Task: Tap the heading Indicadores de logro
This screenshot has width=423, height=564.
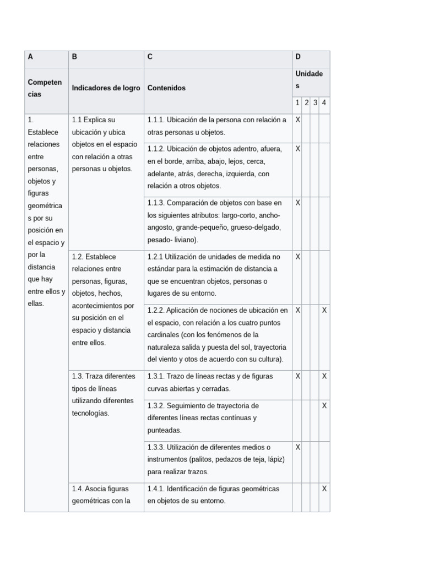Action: (106, 88)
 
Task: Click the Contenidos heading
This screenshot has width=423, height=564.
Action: (166, 88)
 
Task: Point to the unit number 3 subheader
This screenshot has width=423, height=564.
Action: (316, 102)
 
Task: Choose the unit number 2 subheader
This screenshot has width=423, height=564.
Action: (307, 102)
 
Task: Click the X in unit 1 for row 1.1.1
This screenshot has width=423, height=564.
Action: (297, 120)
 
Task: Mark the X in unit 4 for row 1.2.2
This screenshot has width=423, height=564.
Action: (324, 310)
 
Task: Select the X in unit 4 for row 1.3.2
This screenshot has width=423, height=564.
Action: (324, 405)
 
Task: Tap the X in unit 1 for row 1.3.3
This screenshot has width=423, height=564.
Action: (297, 447)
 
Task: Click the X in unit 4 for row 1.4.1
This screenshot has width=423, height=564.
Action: (324, 489)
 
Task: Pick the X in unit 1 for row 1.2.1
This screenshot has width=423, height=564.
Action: (297, 256)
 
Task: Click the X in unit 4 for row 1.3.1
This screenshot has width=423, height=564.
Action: (324, 376)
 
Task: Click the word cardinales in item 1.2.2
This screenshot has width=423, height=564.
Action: (164, 335)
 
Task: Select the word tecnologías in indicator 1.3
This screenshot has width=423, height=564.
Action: (91, 413)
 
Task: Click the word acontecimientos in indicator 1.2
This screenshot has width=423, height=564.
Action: (102, 306)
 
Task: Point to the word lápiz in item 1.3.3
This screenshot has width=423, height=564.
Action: (274, 459)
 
